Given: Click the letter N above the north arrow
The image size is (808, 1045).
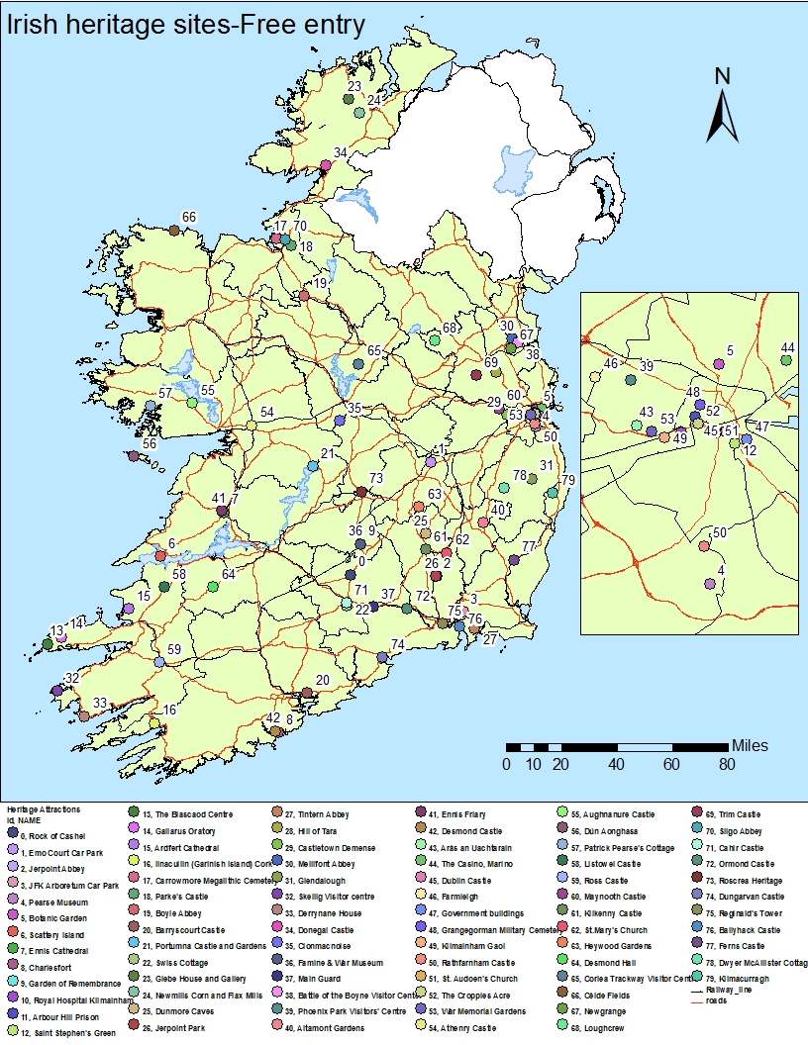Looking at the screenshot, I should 723,76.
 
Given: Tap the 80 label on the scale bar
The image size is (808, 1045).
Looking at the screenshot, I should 727,764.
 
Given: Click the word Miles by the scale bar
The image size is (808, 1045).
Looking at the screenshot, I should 750,745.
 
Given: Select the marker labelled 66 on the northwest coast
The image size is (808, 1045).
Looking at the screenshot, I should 173,231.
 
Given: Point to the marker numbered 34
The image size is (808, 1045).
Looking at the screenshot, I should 326,165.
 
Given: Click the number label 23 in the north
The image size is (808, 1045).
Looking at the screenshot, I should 353,87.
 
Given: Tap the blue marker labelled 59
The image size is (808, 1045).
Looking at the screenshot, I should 159,662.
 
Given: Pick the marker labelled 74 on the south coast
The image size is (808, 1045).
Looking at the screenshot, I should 382,657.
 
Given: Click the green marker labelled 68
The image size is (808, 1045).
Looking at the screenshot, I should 434,340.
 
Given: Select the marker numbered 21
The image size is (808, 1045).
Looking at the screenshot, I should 313,466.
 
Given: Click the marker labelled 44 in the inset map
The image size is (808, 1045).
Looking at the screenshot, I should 786,360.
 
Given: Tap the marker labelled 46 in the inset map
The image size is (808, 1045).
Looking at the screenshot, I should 595,377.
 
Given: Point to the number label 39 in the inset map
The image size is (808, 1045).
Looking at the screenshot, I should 646,367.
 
